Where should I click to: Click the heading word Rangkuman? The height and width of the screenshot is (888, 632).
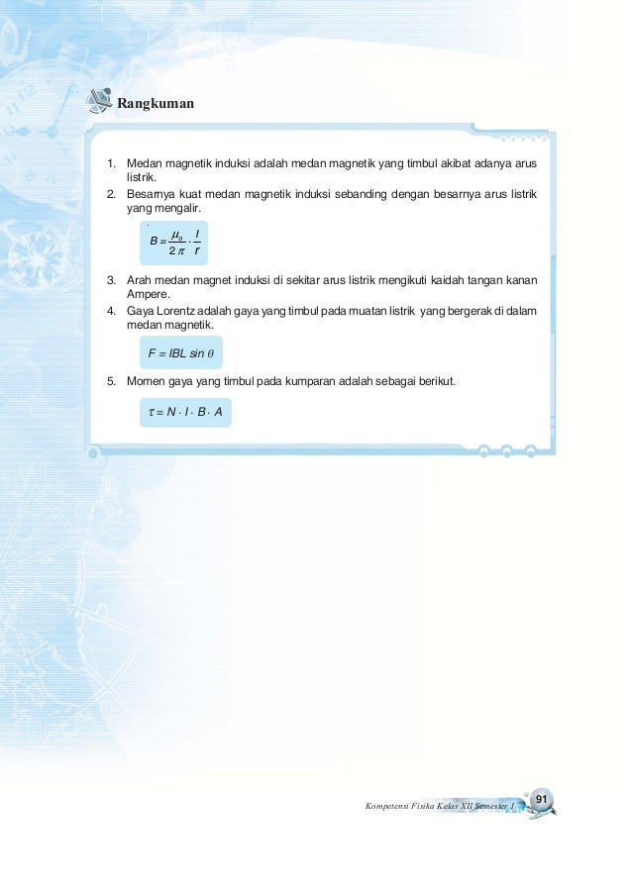pyautogui.click(x=156, y=102)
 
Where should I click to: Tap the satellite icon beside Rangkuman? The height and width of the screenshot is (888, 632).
pyautogui.click(x=98, y=101)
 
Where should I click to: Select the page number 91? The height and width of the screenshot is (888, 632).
pyautogui.click(x=541, y=798)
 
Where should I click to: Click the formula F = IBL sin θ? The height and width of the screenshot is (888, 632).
pyautogui.click(x=181, y=352)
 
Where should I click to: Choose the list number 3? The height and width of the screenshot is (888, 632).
pyautogui.click(x=112, y=280)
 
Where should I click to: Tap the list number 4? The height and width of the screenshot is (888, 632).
pyautogui.click(x=112, y=311)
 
